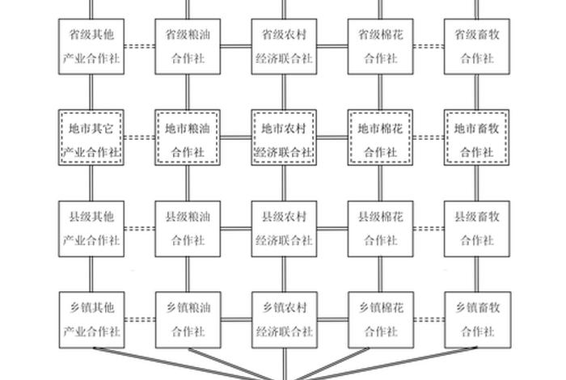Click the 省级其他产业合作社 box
click(91, 47)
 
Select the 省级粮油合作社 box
click(188, 47)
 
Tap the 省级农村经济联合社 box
click(284, 47)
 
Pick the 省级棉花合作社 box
click(380, 47)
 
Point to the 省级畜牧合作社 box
click(476, 47)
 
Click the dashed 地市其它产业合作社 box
click(91, 138)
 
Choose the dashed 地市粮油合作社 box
click(188, 138)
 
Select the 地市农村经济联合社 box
click(284, 138)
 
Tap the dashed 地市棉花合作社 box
click(380, 138)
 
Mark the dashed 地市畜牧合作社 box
click(476, 138)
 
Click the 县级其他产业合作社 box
click(91, 228)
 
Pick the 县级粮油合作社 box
click(188, 228)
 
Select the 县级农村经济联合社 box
click(284, 228)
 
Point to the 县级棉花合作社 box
click(380, 228)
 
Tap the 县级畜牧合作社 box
click(476, 228)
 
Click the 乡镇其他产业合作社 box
click(91, 319)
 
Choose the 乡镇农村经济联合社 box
click(284, 319)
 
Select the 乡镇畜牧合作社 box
click(476, 319)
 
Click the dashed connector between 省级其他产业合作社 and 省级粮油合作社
click(140, 47)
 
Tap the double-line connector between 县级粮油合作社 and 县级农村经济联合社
click(235, 230)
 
